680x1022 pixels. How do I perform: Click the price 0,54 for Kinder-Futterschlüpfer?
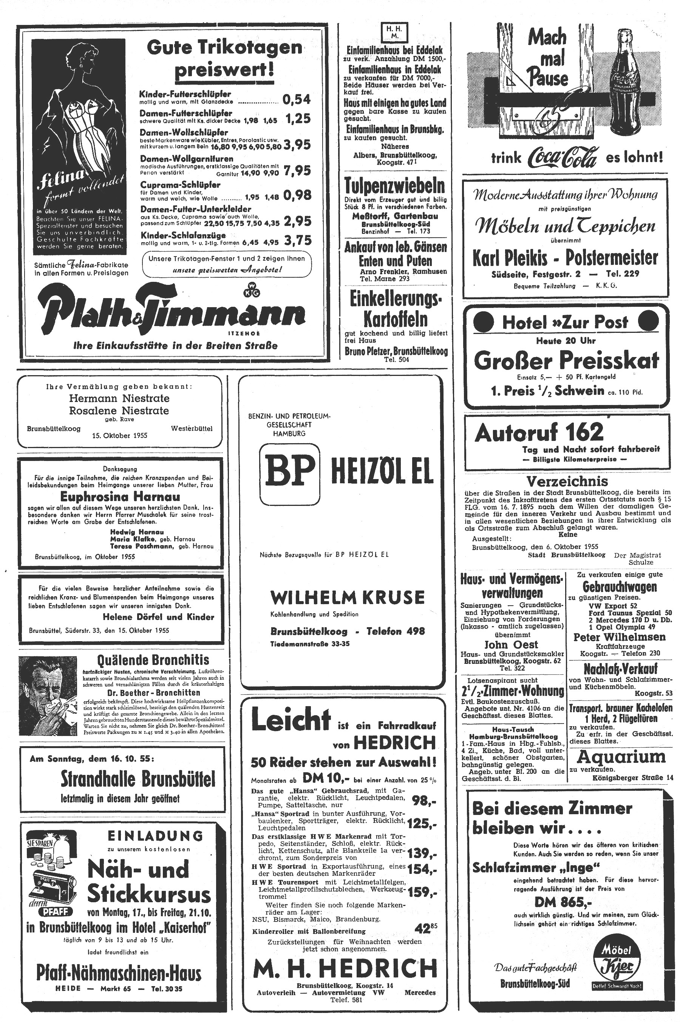click(297, 99)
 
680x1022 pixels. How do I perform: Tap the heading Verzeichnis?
click(567, 481)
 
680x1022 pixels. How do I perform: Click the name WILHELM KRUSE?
click(348, 597)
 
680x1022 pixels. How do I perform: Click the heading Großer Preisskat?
click(566, 360)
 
